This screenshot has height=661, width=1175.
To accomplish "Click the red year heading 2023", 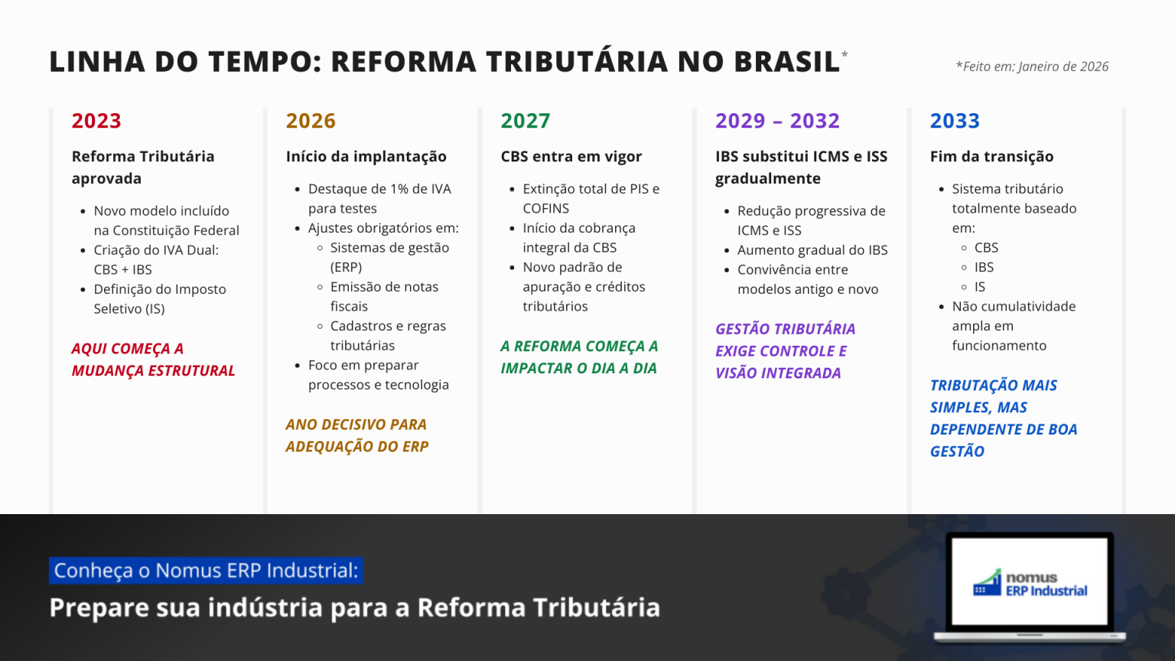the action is (x=96, y=121).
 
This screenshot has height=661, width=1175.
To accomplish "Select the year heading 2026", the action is (x=311, y=121).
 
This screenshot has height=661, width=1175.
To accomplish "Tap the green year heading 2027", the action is (x=525, y=121).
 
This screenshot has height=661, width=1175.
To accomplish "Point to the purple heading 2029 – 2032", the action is (x=777, y=121).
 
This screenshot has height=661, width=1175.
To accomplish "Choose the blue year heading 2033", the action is (x=955, y=121).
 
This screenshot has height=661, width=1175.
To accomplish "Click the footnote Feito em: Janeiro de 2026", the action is (x=1032, y=67).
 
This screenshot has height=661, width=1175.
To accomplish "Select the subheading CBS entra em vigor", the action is (x=571, y=156).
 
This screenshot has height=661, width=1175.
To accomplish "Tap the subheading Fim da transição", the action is (x=992, y=156).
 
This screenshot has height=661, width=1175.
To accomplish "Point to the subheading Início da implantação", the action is (x=366, y=156).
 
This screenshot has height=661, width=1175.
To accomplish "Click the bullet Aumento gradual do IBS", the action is (x=812, y=250).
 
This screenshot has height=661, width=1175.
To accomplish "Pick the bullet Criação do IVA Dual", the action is (x=156, y=259).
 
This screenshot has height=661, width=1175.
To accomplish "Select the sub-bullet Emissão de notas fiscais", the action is (x=385, y=296).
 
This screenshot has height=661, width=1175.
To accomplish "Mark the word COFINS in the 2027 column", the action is (x=545, y=209).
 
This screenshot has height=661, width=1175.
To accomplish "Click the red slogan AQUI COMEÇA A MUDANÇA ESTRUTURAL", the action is (x=153, y=360).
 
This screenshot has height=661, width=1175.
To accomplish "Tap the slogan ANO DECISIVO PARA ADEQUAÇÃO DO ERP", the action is (x=357, y=435).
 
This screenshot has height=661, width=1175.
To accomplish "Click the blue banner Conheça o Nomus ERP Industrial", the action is (x=206, y=570).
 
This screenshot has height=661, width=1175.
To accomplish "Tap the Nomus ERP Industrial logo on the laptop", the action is (x=1030, y=584).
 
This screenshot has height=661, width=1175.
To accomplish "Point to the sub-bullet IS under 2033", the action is (x=980, y=287).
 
